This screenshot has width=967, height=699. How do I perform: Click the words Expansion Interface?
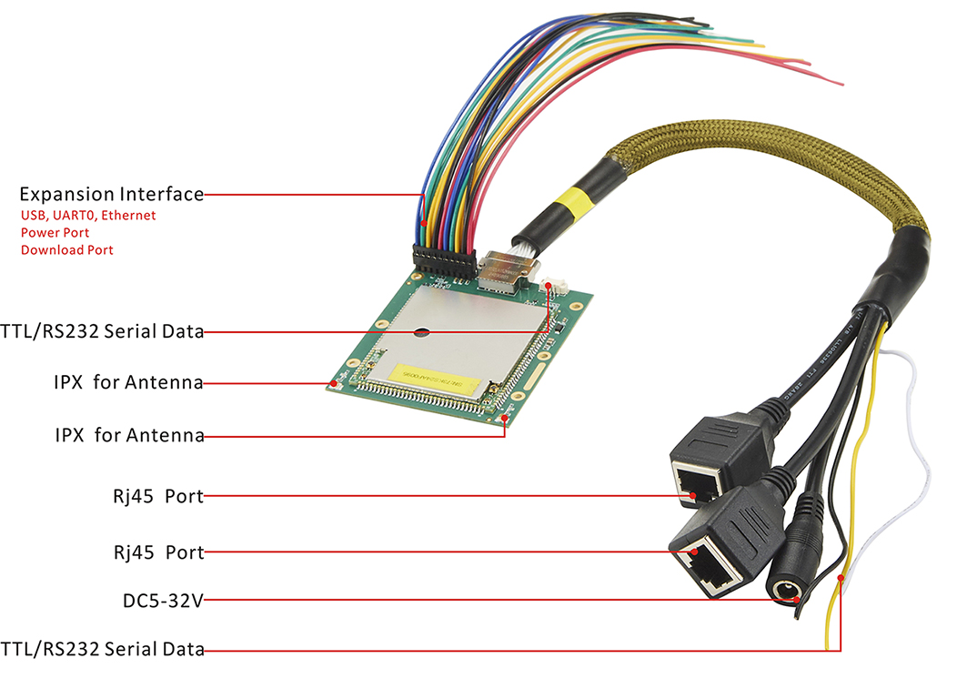(111, 194)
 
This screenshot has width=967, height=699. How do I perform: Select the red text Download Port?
(67, 249)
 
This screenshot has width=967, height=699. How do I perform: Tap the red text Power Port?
(55, 232)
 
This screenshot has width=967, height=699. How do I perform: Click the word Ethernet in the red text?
(127, 216)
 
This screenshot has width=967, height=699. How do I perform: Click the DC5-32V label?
(163, 601)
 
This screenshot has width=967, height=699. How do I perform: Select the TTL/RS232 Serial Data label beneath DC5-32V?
(103, 649)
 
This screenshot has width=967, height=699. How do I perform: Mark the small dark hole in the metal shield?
(422, 331)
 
